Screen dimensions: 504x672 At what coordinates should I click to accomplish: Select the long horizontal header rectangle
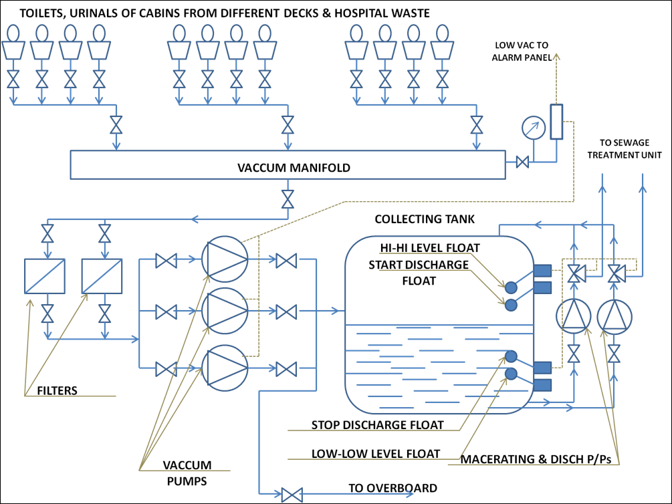click(x=288, y=164)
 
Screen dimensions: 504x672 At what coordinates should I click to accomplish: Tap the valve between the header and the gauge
click(x=523, y=162)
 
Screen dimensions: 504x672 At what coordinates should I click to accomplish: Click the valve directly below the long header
click(x=288, y=199)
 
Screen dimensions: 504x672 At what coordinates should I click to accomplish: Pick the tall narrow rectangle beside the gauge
click(x=556, y=122)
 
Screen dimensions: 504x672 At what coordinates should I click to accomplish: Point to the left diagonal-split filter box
click(x=44, y=276)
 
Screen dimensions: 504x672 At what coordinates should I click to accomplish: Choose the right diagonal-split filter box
click(x=102, y=276)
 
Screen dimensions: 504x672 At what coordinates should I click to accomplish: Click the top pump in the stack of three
click(x=225, y=259)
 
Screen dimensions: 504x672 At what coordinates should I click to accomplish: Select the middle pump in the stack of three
click(x=225, y=311)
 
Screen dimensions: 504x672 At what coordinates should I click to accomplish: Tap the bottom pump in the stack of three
click(x=225, y=368)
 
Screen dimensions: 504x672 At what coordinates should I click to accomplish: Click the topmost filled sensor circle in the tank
click(x=511, y=287)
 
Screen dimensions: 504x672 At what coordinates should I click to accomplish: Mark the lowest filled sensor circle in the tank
click(x=511, y=374)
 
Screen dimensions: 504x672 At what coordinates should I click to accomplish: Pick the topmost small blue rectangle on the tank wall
click(x=543, y=270)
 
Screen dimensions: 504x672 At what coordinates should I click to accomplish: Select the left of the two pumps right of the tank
click(x=574, y=316)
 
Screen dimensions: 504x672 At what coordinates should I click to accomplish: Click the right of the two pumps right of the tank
click(x=614, y=316)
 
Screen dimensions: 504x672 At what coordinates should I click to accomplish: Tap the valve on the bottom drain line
click(x=292, y=495)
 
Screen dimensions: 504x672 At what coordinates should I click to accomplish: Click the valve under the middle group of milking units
click(x=288, y=124)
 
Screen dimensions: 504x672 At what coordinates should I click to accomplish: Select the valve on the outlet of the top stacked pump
click(x=286, y=260)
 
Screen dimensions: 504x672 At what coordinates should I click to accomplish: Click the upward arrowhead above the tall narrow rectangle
click(x=556, y=57)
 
